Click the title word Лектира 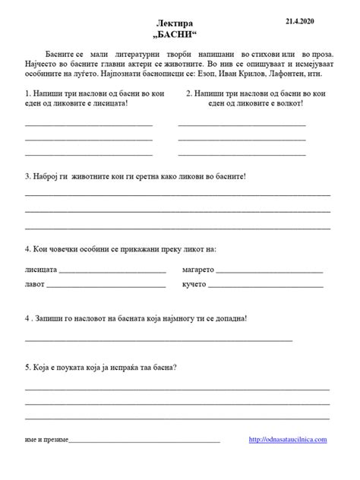180,26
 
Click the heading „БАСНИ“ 180,36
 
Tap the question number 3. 27,177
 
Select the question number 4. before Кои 27,249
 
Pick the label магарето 200,270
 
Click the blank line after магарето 270,272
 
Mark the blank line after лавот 106,286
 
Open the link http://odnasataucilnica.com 287,440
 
